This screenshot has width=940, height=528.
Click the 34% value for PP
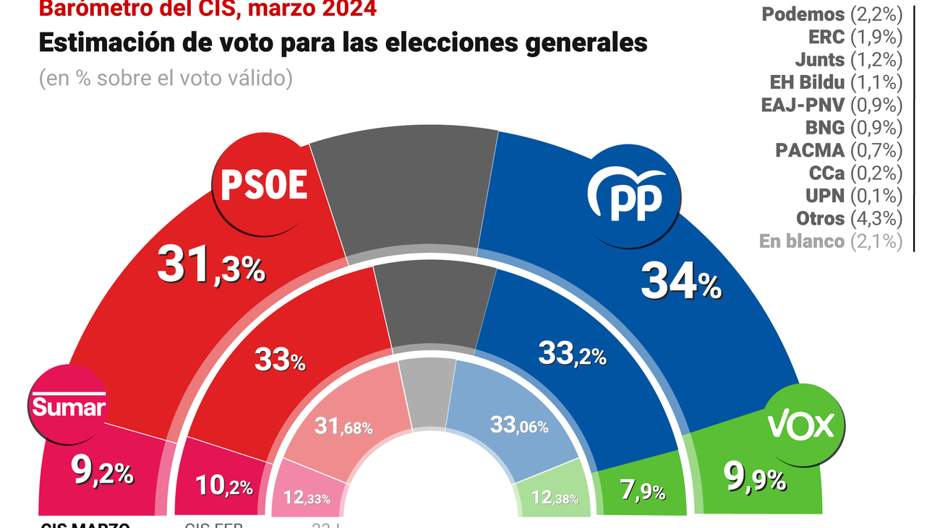[x=680, y=282]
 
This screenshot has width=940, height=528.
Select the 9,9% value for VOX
[x=755, y=477]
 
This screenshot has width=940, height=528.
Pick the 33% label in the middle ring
[x=280, y=359]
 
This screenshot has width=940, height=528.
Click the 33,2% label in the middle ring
[x=572, y=353]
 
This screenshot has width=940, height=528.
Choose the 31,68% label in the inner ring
[x=343, y=427]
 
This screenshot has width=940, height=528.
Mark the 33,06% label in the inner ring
[x=518, y=425]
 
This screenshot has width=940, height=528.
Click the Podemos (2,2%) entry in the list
[x=832, y=14]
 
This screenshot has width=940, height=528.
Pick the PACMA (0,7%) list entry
[x=839, y=150]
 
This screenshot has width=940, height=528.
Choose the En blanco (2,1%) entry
[x=831, y=241]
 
